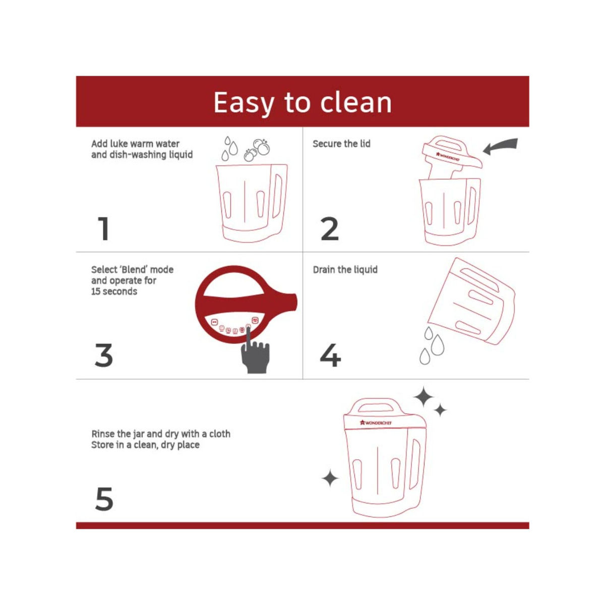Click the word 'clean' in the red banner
click(x=356, y=102)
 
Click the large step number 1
click(x=104, y=228)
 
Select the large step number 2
click(x=329, y=229)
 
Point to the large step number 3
click(x=104, y=355)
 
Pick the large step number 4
click(x=330, y=355)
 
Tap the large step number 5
click(x=104, y=499)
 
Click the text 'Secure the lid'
click(x=341, y=144)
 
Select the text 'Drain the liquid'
click(x=345, y=270)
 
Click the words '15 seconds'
click(x=114, y=291)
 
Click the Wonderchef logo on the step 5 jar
click(x=376, y=422)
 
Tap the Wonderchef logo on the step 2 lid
click(x=448, y=157)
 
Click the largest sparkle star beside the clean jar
click(x=423, y=397)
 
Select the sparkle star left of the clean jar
click(x=330, y=478)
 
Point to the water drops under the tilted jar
click(x=432, y=345)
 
